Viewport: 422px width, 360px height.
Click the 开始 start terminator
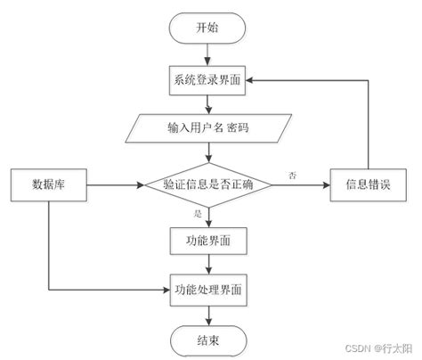207,27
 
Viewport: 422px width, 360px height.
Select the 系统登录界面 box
207,79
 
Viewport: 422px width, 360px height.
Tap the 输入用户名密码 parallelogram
207,128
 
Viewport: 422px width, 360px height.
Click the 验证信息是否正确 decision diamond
207,185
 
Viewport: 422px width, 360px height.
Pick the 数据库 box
46,185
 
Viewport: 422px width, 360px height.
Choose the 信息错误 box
369,185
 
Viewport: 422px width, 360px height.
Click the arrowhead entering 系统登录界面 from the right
254,79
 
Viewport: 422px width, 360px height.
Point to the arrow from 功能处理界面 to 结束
207,313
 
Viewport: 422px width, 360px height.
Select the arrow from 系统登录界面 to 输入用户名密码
207,103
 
